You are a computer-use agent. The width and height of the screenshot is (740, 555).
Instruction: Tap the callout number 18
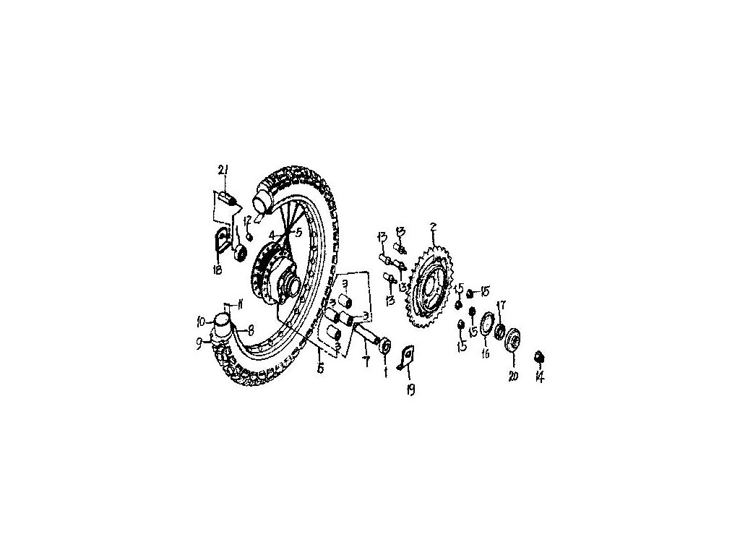(x=216, y=270)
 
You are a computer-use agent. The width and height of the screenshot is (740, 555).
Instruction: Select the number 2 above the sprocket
(x=432, y=227)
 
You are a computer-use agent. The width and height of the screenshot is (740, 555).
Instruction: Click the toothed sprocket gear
(x=431, y=289)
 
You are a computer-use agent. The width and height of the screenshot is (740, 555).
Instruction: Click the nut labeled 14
(x=538, y=357)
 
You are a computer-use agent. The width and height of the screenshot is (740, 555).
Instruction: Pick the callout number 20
(x=514, y=377)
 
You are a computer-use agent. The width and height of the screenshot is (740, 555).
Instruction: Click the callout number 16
(x=486, y=354)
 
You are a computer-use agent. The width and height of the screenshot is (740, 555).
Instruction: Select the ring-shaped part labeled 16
(x=485, y=321)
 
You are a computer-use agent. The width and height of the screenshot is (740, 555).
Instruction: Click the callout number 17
(x=501, y=306)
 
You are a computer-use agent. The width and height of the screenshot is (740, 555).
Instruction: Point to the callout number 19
(x=410, y=391)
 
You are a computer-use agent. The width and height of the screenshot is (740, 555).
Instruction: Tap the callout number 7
(x=366, y=358)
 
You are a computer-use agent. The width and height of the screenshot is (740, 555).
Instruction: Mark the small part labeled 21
(x=227, y=196)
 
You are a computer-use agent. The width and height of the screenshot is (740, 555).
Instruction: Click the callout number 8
(x=250, y=330)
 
